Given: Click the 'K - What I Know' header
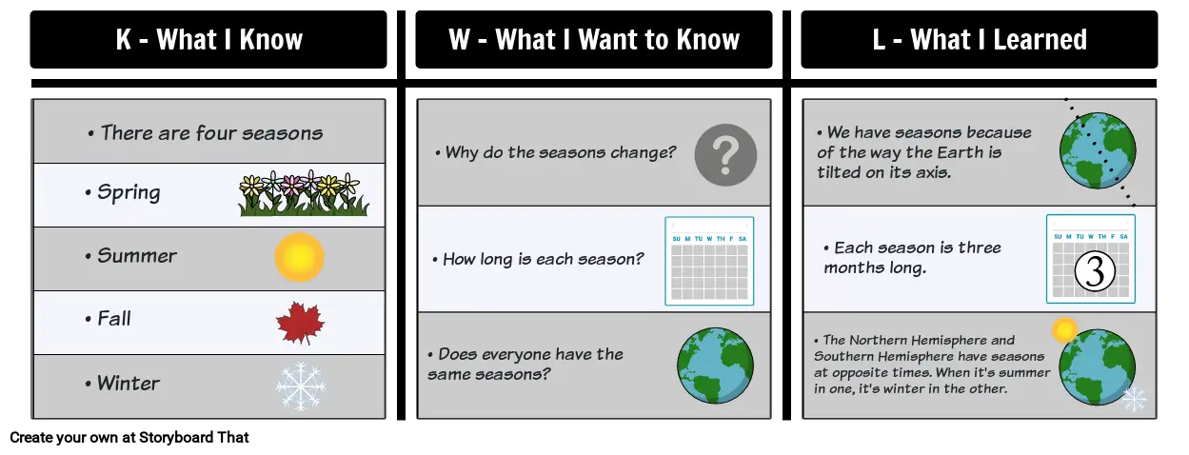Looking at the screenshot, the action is (208, 39).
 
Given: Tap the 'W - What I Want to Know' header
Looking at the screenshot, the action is (593, 39).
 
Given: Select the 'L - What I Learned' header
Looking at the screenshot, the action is (980, 39).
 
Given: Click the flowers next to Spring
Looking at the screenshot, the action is (303, 193).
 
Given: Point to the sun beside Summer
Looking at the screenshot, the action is (299, 257).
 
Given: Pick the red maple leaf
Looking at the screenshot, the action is (301, 323).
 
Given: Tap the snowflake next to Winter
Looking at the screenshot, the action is (301, 386).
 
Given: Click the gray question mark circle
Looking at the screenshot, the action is (725, 155).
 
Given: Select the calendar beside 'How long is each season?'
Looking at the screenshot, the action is (709, 261).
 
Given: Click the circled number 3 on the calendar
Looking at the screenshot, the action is (1095, 271).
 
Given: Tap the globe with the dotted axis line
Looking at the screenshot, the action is (1098, 150).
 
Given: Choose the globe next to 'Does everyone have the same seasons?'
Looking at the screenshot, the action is (715, 366).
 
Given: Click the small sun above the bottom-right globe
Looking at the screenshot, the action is (1064, 330).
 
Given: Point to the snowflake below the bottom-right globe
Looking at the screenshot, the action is (1133, 399).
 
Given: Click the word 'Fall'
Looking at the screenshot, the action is (113, 319).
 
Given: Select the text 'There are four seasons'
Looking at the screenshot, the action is (211, 132).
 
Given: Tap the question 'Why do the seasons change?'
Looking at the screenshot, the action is (560, 153).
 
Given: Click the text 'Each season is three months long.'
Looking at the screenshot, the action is (912, 258).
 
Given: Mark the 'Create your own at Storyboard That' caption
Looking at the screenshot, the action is (129, 438).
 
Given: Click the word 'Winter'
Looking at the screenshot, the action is (128, 384).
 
